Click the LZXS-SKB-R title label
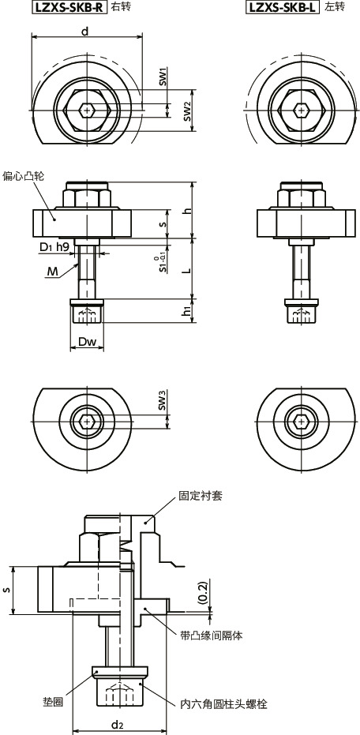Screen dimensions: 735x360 pyautogui.click(x=68, y=8)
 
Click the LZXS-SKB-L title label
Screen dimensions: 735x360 pyautogui.click(x=283, y=8)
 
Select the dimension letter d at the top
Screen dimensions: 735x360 pyautogui.click(x=85, y=31)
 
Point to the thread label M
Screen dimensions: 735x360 pyautogui.click(x=51, y=272)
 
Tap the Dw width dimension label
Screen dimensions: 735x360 pyautogui.click(x=87, y=342)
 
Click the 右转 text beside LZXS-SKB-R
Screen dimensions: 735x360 pyautogui.click(x=121, y=8)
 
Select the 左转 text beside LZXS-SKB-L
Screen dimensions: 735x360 pyautogui.click(x=335, y=8)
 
